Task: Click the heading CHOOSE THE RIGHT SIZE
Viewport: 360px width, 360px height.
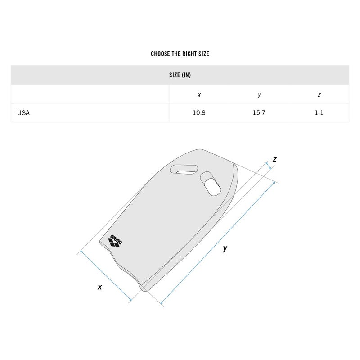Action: [x=180, y=54]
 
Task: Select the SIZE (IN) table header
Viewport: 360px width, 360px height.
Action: [x=180, y=75]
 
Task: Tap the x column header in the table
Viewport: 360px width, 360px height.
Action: [x=199, y=94]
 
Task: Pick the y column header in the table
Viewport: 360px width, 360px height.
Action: [x=259, y=94]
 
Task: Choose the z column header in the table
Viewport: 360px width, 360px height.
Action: [x=319, y=94]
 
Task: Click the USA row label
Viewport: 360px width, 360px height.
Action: [x=23, y=113]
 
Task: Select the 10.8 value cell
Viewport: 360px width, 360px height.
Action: [x=199, y=113]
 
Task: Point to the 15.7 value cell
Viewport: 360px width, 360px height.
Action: [x=259, y=113]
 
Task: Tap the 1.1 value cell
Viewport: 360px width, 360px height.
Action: [x=319, y=113]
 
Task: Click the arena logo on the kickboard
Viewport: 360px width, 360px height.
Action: [x=116, y=241]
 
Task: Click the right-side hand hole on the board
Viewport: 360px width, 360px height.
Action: [x=210, y=183]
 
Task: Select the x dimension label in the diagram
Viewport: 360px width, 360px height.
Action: [x=100, y=287]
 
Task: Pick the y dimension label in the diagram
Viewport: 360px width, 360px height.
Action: [x=225, y=248]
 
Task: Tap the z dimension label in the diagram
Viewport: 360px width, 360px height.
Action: [x=274, y=159]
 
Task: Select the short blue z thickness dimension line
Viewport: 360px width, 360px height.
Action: [x=270, y=166]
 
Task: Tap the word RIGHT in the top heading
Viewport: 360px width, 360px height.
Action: [x=187, y=54]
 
